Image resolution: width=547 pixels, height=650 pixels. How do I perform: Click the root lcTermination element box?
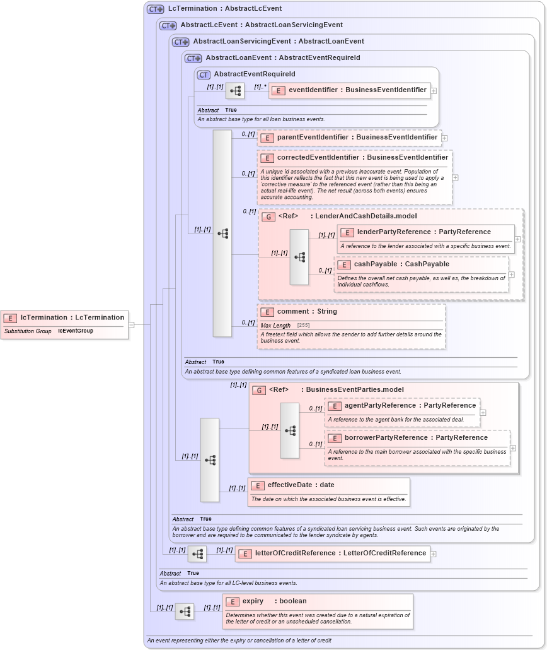(64, 317)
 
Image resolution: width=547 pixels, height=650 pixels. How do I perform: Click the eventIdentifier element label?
(357, 90)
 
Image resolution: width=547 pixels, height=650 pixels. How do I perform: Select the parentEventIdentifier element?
(357, 137)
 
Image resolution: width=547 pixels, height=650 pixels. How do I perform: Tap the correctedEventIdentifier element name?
(362, 157)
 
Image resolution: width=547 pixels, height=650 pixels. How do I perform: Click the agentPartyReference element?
(410, 406)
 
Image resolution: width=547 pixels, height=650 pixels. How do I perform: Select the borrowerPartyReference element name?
(416, 438)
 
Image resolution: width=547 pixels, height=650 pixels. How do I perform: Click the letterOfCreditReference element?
(340, 553)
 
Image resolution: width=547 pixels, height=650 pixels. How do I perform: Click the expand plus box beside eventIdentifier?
(434, 91)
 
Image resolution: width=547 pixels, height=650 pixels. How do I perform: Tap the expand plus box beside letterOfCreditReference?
(434, 554)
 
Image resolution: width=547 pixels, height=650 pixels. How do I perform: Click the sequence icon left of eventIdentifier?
(235, 91)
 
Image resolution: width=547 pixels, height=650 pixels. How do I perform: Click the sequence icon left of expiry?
(184, 612)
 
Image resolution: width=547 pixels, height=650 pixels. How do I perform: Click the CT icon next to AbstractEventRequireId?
(204, 74)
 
